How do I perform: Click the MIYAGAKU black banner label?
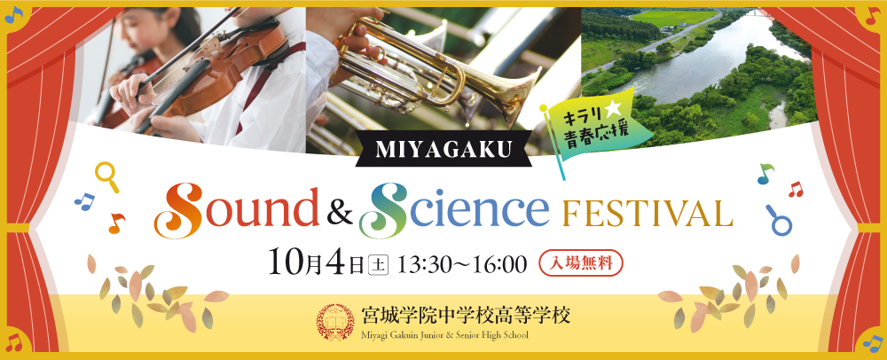click(x=443, y=149)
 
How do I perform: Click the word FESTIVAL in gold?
click(x=644, y=213)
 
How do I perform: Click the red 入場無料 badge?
click(x=581, y=262)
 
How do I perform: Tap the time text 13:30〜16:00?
click(x=463, y=264)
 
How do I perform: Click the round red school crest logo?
click(x=335, y=322)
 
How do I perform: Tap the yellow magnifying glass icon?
click(x=107, y=176)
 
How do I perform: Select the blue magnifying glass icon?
click(x=778, y=220)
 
